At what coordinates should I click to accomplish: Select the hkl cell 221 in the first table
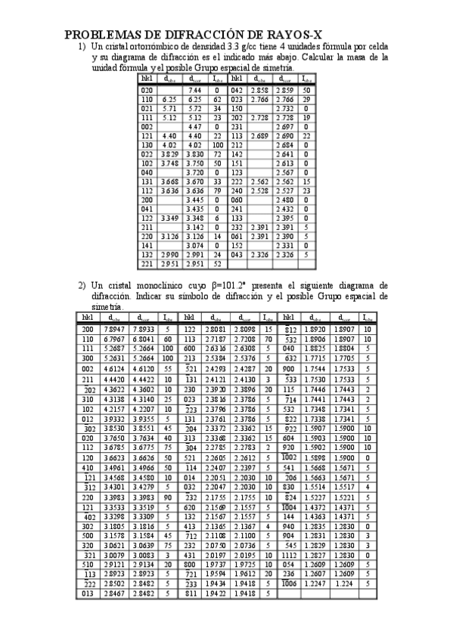click(x=147, y=264)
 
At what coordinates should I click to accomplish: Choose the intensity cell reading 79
click(x=217, y=190)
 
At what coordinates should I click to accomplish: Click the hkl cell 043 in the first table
click(x=236, y=255)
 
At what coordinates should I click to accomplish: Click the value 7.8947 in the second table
click(x=113, y=330)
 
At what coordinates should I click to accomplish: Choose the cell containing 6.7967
click(x=113, y=339)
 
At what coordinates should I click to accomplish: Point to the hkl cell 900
click(x=290, y=367)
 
